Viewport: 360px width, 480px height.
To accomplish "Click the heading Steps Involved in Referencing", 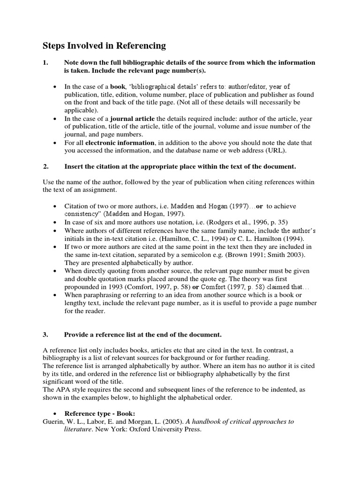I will (x=104, y=45).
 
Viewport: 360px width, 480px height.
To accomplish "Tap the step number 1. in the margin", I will (x=45, y=62).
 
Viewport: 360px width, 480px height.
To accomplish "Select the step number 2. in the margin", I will (x=45, y=166).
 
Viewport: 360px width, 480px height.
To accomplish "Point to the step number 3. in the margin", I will (x=45, y=335).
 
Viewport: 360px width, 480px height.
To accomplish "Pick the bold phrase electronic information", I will (x=120, y=142).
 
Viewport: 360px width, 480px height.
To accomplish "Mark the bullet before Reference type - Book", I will (x=56, y=414).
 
